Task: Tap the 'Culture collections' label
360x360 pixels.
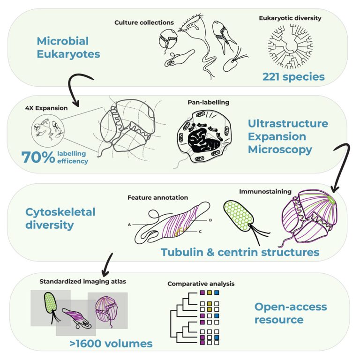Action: pyautogui.click(x=144, y=22)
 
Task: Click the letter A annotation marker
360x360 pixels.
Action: pyautogui.click(x=128, y=225)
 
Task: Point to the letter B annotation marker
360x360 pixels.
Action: pyautogui.click(x=211, y=219)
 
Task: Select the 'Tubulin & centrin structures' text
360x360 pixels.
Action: pyautogui.click(x=240, y=252)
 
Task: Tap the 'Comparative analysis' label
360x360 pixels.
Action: pyautogui.click(x=201, y=284)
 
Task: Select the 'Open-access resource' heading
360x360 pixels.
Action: pyautogui.click(x=291, y=314)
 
